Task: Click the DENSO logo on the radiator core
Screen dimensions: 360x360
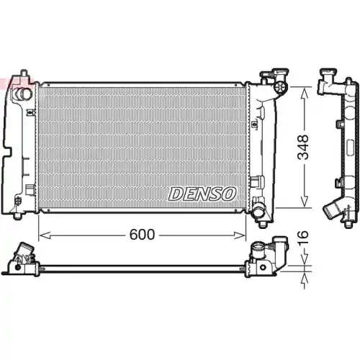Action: (202, 194)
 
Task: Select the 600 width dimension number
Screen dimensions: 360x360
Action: (142, 235)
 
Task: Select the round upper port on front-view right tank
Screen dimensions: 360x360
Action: (279, 88)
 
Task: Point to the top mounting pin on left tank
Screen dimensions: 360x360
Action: (24, 74)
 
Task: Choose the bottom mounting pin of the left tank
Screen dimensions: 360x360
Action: (17, 215)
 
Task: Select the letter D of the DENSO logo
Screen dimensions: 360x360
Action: (176, 194)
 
